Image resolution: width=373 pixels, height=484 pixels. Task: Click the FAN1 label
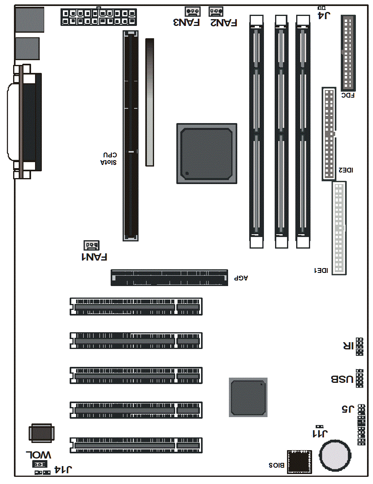[94, 257]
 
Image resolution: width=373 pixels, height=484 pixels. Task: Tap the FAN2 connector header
[216, 12]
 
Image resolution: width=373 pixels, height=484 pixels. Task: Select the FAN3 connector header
[193, 12]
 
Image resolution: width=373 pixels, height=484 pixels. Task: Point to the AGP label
[241, 278]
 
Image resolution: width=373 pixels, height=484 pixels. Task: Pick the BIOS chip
[299, 462]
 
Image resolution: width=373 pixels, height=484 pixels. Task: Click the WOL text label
[39, 455]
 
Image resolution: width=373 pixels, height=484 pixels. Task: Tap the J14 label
[63, 470]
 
